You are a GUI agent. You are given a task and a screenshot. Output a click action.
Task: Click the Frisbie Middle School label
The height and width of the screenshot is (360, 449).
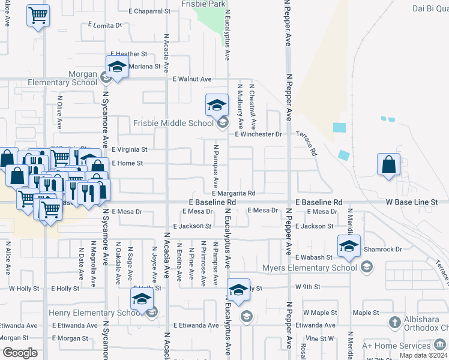pyautogui.click(x=173, y=123)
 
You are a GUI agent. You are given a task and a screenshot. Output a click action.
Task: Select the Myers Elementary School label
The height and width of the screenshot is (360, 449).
pyautogui.click(x=310, y=268)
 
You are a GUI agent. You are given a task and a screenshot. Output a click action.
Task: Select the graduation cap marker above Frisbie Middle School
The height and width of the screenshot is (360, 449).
pyautogui.click(x=217, y=105)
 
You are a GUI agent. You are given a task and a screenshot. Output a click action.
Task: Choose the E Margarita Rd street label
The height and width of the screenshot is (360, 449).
pyautogui.click(x=234, y=193)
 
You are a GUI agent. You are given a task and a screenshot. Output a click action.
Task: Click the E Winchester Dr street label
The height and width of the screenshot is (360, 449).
pyautogui.click(x=258, y=134)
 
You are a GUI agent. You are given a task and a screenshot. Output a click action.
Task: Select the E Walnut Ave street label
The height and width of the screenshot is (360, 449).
pyautogui.click(x=192, y=79)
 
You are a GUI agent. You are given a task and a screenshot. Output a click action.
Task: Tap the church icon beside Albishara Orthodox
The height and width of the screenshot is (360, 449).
pyautogui.click(x=394, y=323)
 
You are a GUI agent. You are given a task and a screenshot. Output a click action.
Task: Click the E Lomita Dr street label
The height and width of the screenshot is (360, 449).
pyautogui.click(x=105, y=25)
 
